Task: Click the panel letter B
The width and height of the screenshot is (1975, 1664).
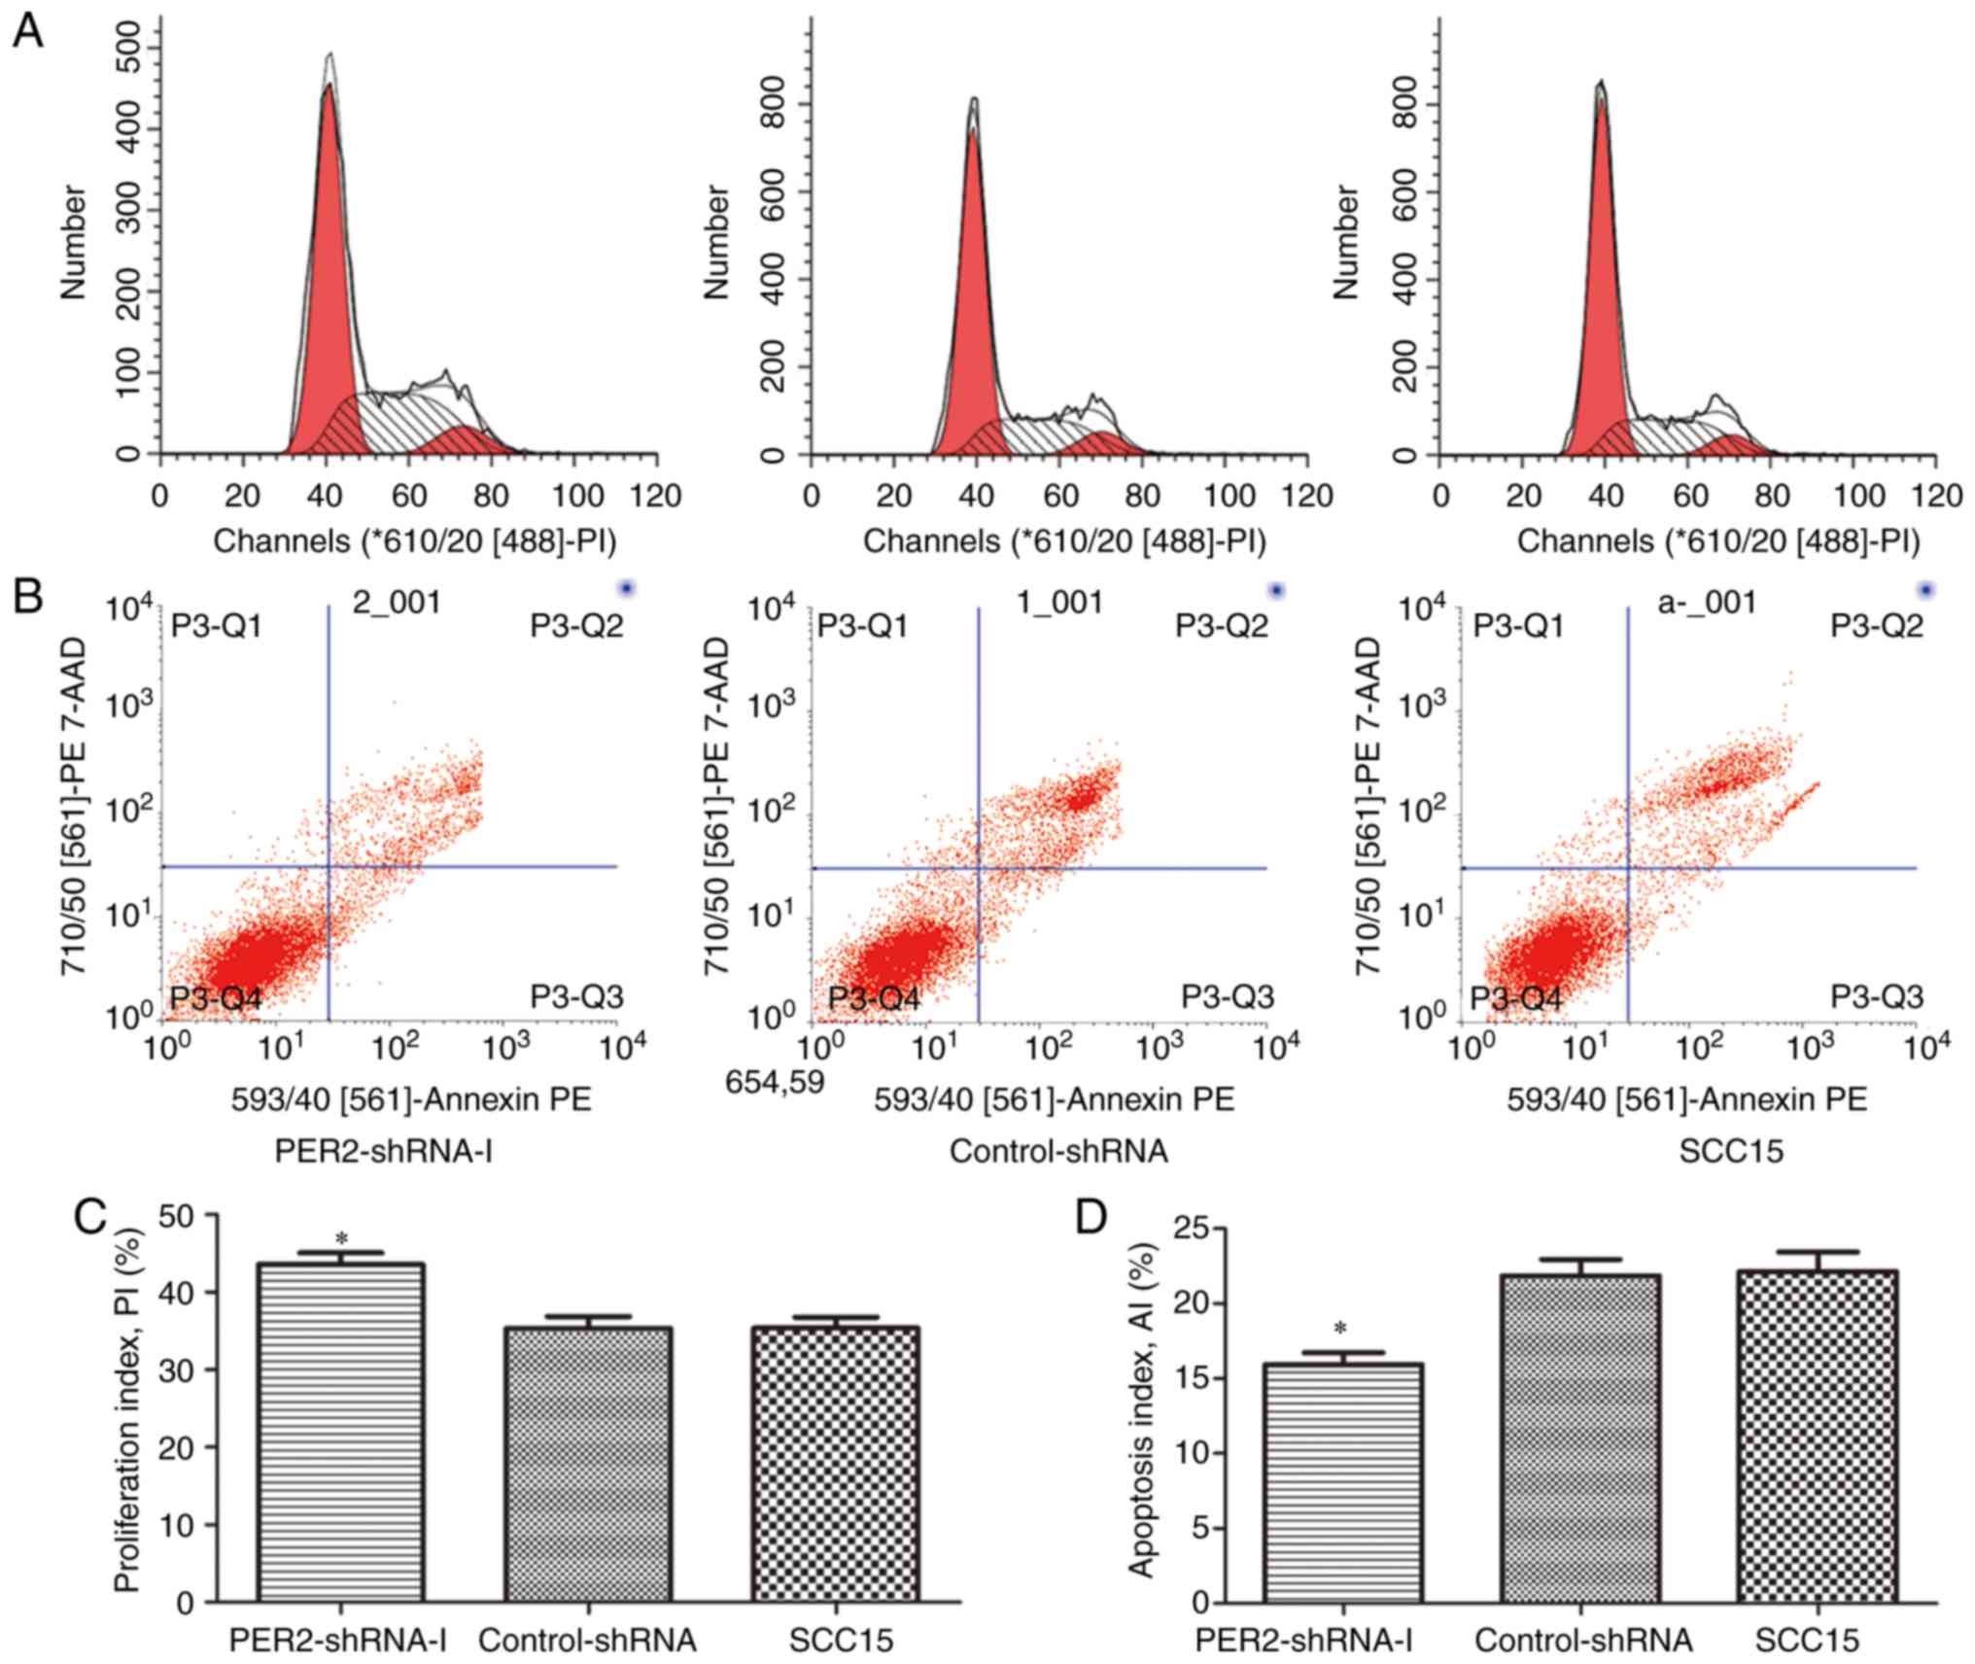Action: (27, 595)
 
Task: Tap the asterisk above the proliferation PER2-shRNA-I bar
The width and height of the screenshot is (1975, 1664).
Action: (340, 1239)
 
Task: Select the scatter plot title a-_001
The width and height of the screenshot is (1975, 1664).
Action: (1707, 603)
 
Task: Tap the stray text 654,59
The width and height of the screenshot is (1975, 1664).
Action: (775, 1080)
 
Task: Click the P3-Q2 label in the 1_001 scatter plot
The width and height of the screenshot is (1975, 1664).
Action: (1222, 626)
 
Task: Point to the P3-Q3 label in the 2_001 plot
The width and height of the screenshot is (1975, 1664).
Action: (575, 996)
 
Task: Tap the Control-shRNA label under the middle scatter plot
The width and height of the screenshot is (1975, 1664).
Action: (1058, 1151)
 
